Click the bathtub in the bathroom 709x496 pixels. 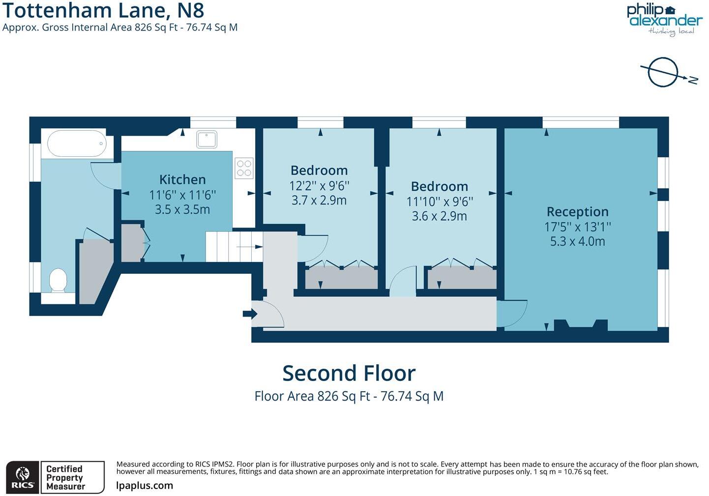(77, 143)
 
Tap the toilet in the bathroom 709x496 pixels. (59, 281)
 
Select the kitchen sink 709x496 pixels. (207, 139)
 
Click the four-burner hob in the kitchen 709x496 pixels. (244, 168)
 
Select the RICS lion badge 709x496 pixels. (23, 477)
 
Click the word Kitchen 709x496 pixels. (182, 179)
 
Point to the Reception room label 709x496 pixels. (577, 212)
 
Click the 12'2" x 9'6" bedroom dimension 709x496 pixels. (319, 185)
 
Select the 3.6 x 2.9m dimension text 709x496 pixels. (439, 216)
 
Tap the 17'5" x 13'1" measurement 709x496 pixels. (577, 227)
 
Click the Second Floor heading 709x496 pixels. (349, 373)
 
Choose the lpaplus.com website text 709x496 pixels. (145, 486)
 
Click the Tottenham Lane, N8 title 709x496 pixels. (103, 10)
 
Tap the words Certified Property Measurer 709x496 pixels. (65, 477)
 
